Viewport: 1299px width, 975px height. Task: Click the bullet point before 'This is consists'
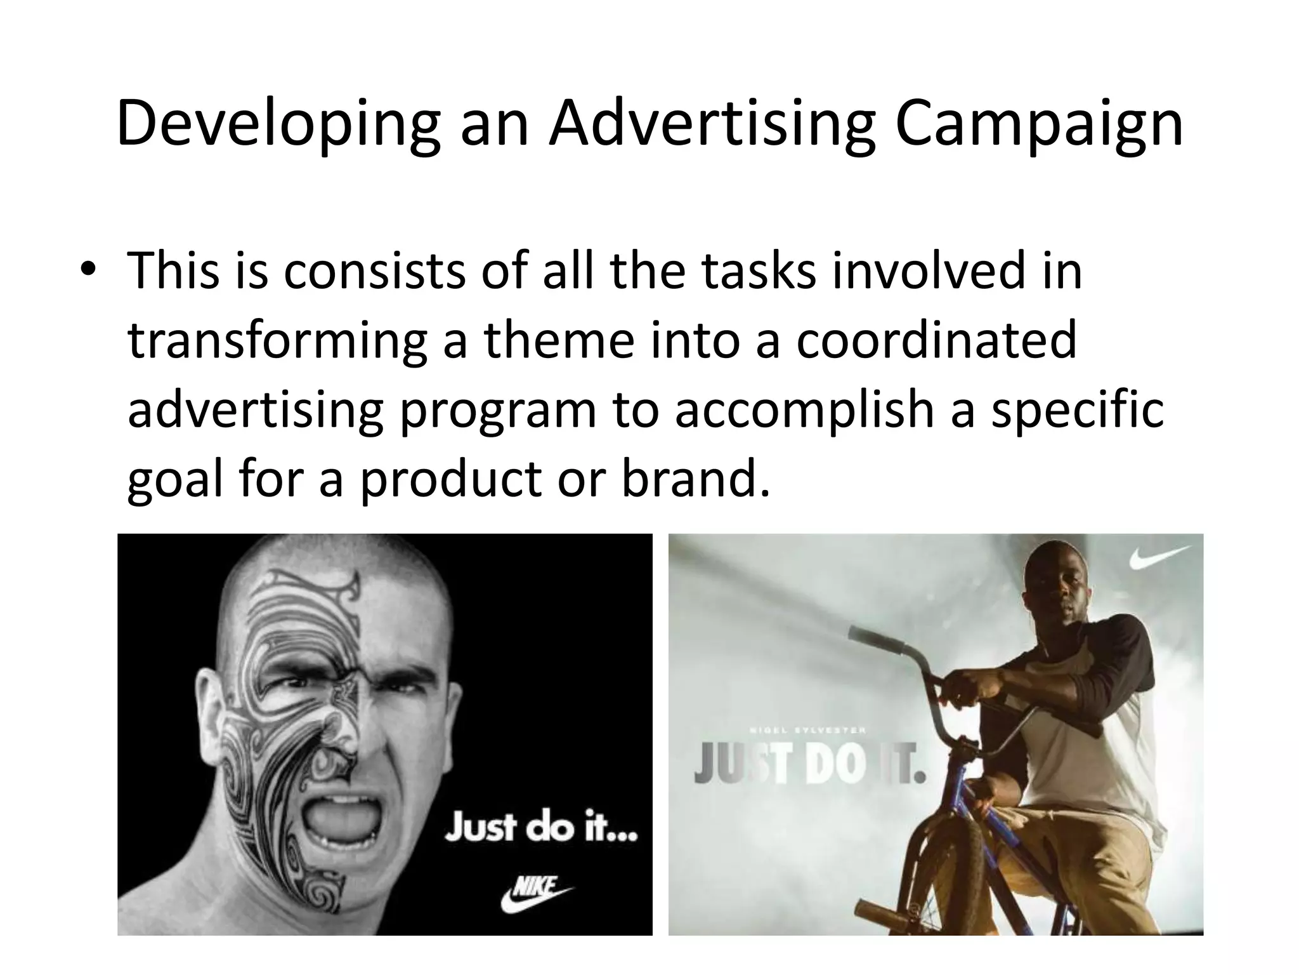coord(89,271)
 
